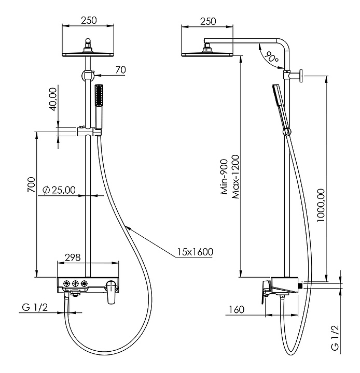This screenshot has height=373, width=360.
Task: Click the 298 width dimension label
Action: (x=73, y=257)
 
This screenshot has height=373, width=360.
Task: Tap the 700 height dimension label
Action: (x=32, y=184)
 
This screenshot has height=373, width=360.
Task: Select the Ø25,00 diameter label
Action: (x=59, y=190)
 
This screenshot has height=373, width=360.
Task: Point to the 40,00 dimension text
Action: (x=53, y=99)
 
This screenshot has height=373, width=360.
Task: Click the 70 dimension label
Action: (x=120, y=70)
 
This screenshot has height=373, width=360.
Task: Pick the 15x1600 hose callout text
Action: (x=195, y=252)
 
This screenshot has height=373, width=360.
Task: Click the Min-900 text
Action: (x=224, y=177)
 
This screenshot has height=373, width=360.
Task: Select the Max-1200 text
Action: (x=235, y=177)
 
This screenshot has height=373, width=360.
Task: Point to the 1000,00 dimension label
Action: (x=321, y=205)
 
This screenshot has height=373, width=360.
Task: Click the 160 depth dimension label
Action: (x=237, y=309)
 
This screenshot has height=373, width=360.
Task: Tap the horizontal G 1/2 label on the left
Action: (x=35, y=307)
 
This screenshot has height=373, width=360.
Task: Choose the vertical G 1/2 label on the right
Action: (x=335, y=338)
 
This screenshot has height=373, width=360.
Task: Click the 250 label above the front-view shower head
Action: (x=89, y=20)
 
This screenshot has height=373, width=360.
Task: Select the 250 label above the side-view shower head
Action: (x=208, y=21)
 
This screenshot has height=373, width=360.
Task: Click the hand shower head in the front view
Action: (x=99, y=95)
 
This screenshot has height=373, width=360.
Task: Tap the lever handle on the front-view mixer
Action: (x=112, y=292)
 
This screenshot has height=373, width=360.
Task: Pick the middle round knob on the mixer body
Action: (x=75, y=283)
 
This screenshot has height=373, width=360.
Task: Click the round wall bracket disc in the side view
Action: (x=301, y=76)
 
